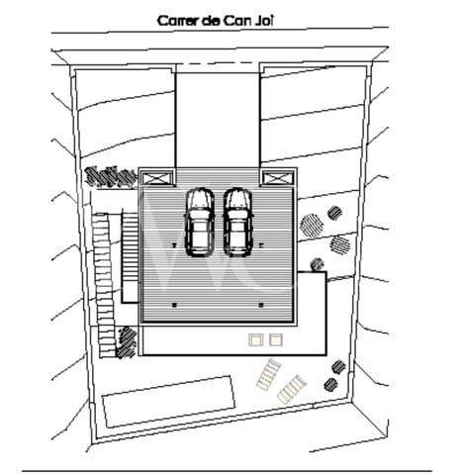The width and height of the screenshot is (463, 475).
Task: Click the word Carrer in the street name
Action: [178, 21]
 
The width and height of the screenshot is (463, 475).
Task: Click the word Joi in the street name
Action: [264, 21]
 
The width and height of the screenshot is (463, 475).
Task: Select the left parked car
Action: [200, 222]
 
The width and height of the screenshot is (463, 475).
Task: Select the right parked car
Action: [238, 222]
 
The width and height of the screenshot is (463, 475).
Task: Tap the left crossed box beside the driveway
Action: [157, 178]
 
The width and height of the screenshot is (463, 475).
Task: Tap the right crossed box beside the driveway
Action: [278, 178]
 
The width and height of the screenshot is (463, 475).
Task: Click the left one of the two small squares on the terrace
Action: [256, 340]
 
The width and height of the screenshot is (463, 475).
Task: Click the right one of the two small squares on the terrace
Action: [276, 340]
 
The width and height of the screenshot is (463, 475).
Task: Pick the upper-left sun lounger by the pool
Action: [269, 374]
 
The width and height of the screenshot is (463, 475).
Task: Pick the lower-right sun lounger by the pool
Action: [291, 389]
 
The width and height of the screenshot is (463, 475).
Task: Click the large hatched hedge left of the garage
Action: [111, 176]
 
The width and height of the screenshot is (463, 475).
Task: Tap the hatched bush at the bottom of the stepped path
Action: [126, 342]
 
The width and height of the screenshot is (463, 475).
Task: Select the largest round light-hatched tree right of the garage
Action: [312, 225]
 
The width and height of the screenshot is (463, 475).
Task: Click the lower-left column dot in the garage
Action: [174, 305]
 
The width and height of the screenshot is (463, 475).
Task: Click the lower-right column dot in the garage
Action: [261, 305]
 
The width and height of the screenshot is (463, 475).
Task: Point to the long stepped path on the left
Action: [104, 285]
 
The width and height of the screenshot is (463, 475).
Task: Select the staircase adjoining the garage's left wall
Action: [130, 257]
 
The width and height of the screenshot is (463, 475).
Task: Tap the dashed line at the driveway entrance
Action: [218, 63]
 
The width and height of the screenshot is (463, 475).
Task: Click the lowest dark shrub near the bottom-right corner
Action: [330, 384]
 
